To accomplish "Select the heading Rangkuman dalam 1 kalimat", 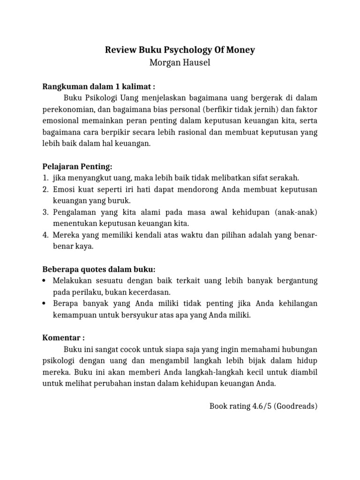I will tap(99, 86).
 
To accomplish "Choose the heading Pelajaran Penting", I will tap(77, 167).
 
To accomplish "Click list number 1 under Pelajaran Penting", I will tap(45, 178).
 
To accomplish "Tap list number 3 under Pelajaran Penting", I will tap(45, 212).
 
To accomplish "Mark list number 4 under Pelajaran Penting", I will tap(45, 235).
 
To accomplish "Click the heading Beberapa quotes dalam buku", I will tap(98, 269).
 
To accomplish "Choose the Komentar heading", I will tap(64, 337).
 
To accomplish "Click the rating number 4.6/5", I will tap(262, 406).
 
